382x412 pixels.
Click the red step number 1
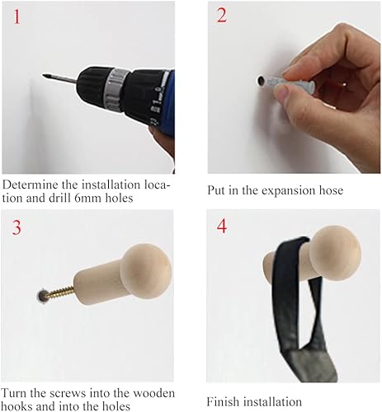[17, 16]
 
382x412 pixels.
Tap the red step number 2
[222, 16]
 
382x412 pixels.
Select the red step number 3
[17, 227]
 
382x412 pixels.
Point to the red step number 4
[222, 227]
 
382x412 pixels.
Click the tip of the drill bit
[44, 75]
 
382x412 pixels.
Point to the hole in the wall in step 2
[261, 81]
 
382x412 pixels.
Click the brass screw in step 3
[59, 292]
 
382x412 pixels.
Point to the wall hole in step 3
[41, 296]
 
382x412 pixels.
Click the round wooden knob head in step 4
[335, 253]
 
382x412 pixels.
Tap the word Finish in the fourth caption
[223, 402]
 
